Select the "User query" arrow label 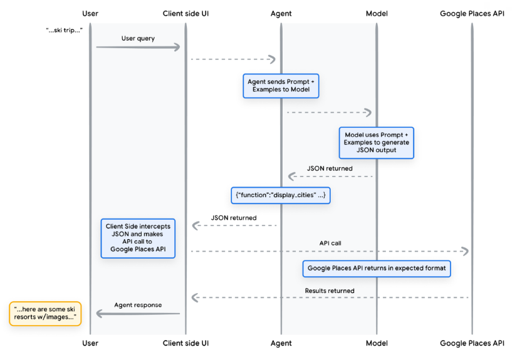click(138, 38)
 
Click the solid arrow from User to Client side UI click(138, 48)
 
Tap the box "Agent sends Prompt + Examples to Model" click(281, 86)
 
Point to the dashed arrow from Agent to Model click(329, 112)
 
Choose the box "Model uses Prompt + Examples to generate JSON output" click(376, 142)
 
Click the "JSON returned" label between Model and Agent click(329, 168)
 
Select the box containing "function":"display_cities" click(280, 195)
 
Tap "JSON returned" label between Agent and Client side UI click(233, 217)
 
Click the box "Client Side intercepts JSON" click(138, 239)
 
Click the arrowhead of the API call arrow click(465, 251)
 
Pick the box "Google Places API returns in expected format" click(376, 269)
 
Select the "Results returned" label click(329, 291)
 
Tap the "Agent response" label click(138, 305)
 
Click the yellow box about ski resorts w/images click(45, 313)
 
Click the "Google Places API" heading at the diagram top click(472, 13)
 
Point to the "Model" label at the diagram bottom click(376, 343)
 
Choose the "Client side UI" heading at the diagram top click(185, 13)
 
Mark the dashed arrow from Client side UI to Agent click(233, 59)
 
